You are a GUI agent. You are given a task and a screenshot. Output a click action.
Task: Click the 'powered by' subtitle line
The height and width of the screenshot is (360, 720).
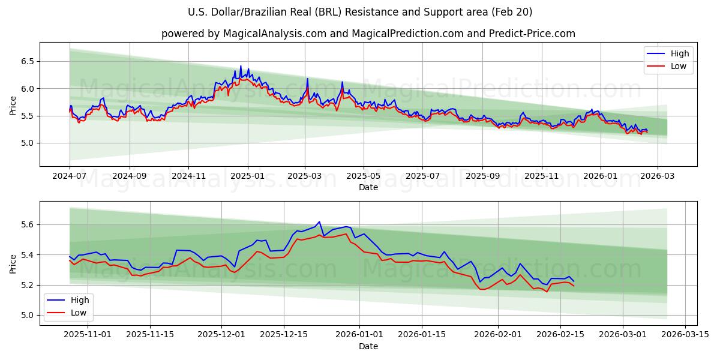coord(368,34)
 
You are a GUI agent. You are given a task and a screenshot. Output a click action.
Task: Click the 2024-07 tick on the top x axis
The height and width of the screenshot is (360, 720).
coord(70,176)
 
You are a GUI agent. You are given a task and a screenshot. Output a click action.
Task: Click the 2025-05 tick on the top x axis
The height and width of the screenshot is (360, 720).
coord(363,176)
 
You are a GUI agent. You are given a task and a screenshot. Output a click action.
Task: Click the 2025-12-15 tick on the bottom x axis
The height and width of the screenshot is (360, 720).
coord(284,335)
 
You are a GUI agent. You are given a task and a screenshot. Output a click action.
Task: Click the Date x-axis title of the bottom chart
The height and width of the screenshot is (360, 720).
coord(368,346)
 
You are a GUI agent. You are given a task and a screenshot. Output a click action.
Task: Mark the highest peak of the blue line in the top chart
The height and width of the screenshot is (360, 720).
coord(241,66)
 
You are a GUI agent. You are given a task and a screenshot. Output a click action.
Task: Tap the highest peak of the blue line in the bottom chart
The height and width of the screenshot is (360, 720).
coord(319,221)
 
